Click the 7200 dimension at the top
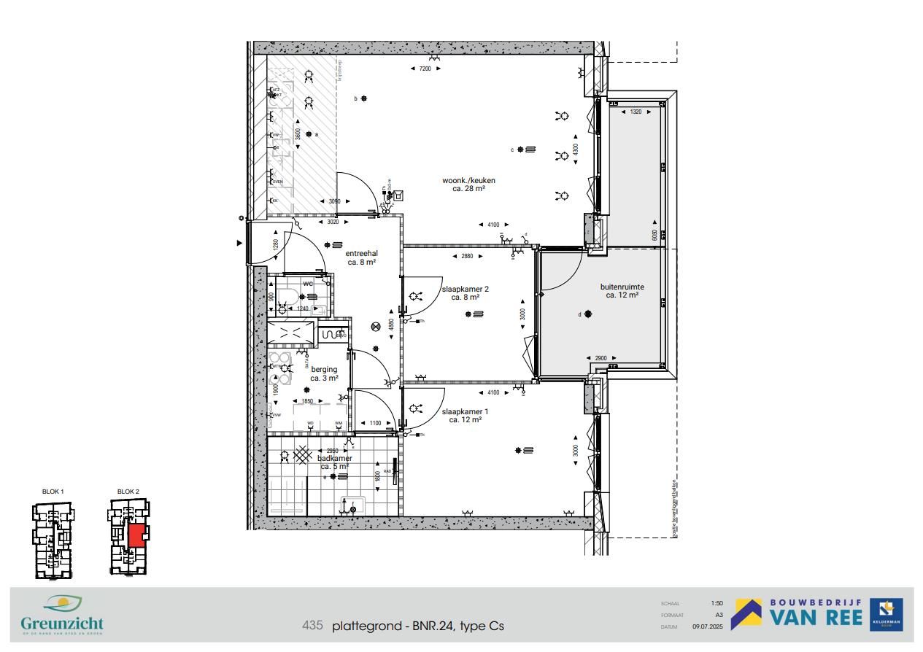[x=425, y=69]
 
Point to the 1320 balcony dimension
[x=636, y=112]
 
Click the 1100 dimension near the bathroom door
[x=375, y=423]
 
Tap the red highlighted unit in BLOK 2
[x=136, y=535]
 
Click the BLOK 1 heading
[x=53, y=492]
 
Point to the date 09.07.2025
[x=708, y=626]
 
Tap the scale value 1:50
[x=717, y=603]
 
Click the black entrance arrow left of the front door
[x=239, y=243]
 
